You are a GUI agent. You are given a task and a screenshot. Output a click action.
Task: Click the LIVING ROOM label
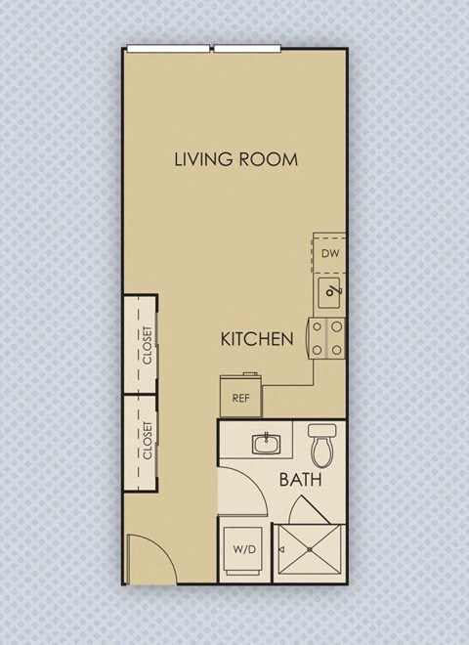click(235, 159)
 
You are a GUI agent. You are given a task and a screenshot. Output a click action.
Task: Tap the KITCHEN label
click(257, 340)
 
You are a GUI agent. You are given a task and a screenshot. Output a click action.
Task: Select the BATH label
click(302, 480)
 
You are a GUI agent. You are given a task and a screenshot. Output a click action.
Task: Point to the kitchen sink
click(331, 289)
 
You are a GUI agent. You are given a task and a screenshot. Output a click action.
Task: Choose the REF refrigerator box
click(240, 398)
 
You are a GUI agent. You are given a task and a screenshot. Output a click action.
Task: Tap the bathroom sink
click(265, 445)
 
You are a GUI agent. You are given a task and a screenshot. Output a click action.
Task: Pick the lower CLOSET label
click(148, 441)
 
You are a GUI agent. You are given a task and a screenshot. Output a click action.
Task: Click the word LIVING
click(203, 159)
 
